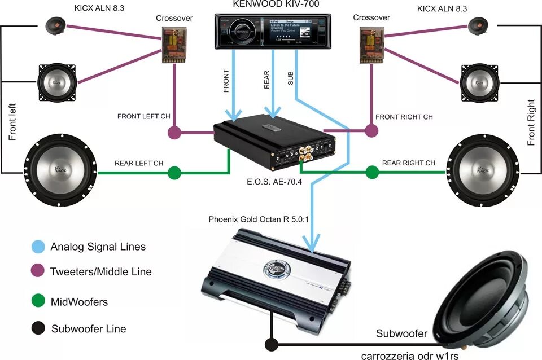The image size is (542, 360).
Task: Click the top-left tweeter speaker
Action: click(x=57, y=25)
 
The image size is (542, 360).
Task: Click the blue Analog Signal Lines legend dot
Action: click(x=38, y=247)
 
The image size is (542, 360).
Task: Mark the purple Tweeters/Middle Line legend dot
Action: click(x=38, y=271)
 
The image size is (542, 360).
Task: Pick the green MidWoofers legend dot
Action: click(x=38, y=302)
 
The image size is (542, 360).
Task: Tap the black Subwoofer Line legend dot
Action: click(x=38, y=328)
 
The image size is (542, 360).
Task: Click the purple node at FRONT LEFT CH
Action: click(x=174, y=133)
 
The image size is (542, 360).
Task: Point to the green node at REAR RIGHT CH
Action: click(x=371, y=172)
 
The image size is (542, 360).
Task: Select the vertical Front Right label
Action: click(x=531, y=123)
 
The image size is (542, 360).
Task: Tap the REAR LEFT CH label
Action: click(x=138, y=163)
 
